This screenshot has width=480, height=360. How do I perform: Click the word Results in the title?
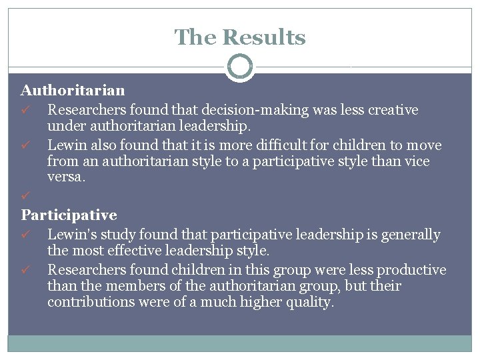265,37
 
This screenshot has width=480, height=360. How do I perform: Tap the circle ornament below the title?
240,67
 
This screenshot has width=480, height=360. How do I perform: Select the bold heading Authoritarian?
73,89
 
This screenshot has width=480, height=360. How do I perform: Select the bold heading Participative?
69,215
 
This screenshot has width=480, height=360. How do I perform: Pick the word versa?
65,178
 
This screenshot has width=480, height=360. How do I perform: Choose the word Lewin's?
71,235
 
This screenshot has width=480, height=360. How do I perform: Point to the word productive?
411,270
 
